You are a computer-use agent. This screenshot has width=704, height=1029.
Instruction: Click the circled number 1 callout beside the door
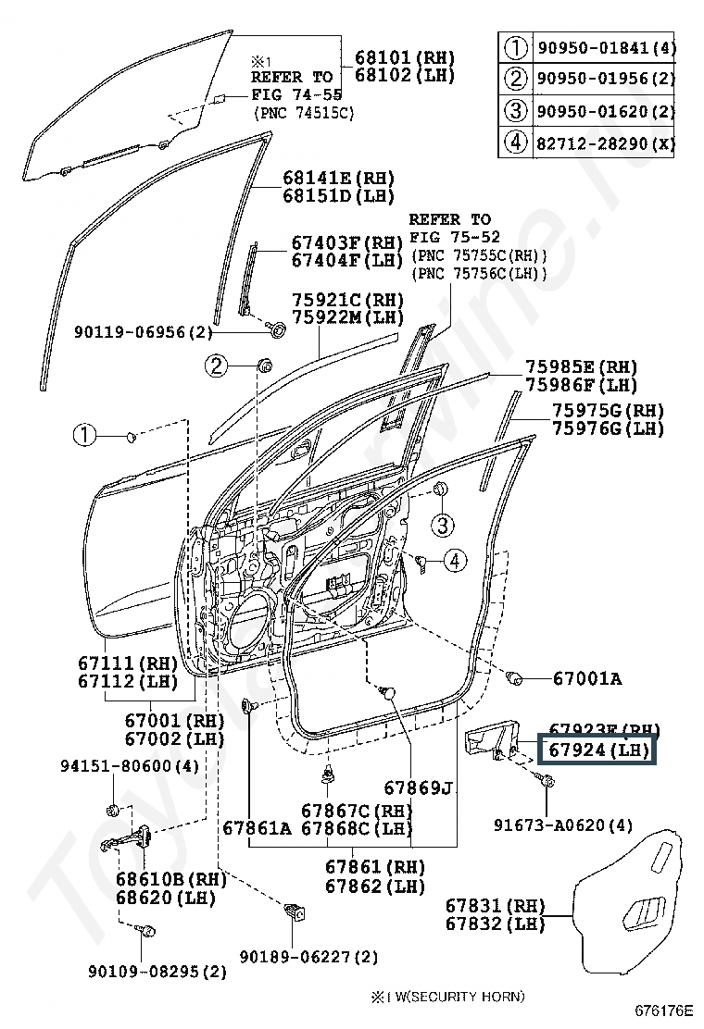coord(84,434)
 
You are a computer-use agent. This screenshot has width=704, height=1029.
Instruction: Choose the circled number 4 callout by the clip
coord(455,559)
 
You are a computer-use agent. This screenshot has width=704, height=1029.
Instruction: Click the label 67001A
coord(587,678)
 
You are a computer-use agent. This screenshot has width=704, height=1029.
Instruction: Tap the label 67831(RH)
coord(494,905)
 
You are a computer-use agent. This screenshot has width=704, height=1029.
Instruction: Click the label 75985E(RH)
coord(595,366)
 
